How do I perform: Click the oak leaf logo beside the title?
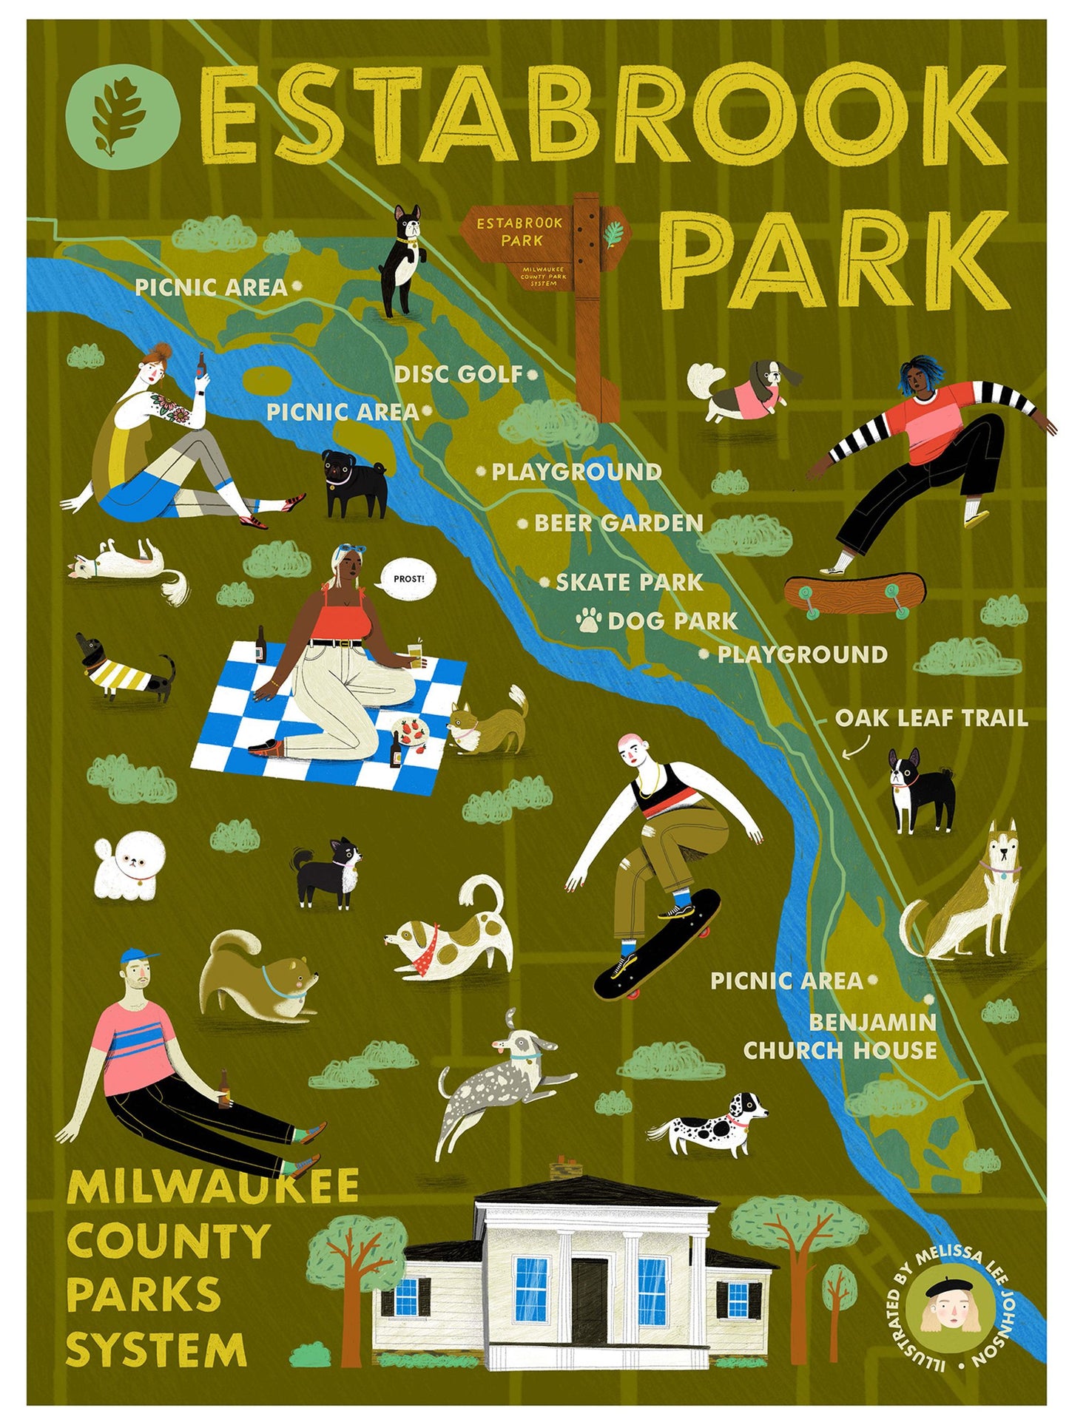pyautogui.click(x=123, y=115)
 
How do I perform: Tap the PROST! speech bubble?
pyautogui.click(x=408, y=578)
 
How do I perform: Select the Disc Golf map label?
pyautogui.click(x=459, y=374)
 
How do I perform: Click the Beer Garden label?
pyautogui.click(x=618, y=524)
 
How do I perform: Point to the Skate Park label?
pyautogui.click(x=629, y=583)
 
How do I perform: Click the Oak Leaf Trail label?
pyautogui.click(x=931, y=718)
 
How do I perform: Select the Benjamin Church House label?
pyautogui.click(x=840, y=1036)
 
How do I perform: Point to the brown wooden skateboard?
pyautogui.click(x=854, y=592)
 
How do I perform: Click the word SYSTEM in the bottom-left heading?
pyautogui.click(x=156, y=1350)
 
